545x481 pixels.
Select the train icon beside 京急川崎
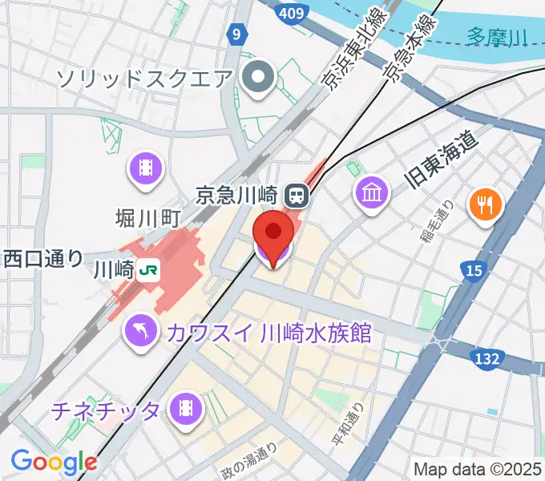pyautogui.click(x=297, y=193)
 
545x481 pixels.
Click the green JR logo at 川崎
pyautogui.click(x=147, y=269)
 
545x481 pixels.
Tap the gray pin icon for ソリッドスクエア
pyautogui.click(x=259, y=78)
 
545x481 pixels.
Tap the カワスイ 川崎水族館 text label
pyautogui.click(x=269, y=333)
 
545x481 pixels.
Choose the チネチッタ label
pyautogui.click(x=107, y=410)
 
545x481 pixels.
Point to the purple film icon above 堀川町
pyautogui.click(x=146, y=169)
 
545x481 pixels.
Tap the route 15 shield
pyautogui.click(x=474, y=272)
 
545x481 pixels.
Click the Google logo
pyautogui.click(x=54, y=461)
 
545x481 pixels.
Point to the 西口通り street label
pyautogui.click(x=43, y=257)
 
